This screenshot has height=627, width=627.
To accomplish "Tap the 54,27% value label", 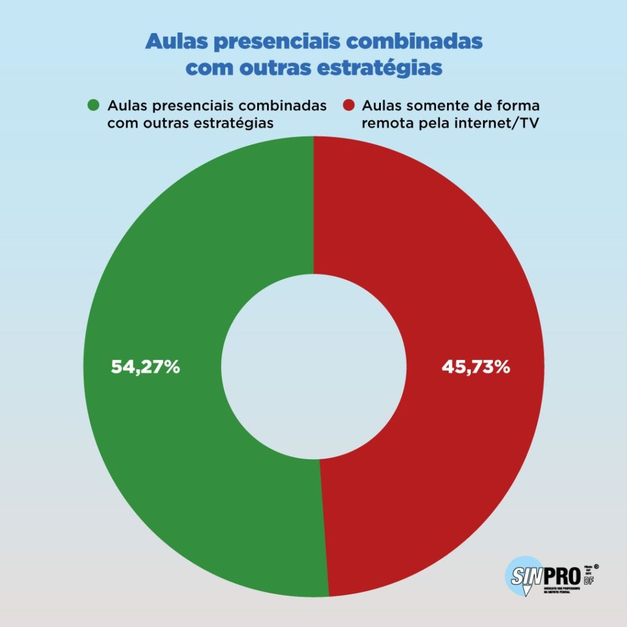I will click(x=145, y=367).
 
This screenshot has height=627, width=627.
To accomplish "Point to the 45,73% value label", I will click(x=476, y=367).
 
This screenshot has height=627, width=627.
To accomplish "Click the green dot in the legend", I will click(x=94, y=105).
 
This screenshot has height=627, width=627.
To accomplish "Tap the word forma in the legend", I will click(x=520, y=105).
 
